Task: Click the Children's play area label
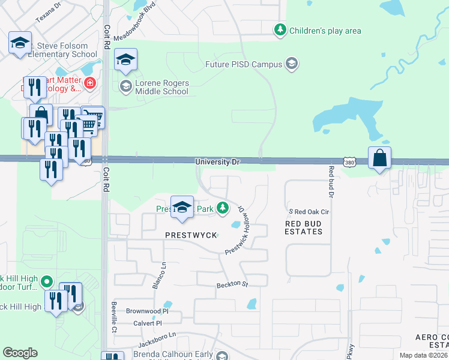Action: tap(325, 30)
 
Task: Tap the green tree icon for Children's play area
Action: tap(279, 29)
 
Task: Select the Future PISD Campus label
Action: tap(244, 64)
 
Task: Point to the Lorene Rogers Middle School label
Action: tap(162, 88)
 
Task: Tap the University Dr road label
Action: tap(217, 162)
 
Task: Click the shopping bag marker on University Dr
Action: tap(379, 158)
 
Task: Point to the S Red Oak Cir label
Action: tap(309, 212)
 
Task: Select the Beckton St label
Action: tap(232, 283)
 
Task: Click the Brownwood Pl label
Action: tap(148, 311)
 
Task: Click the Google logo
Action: tap(20, 353)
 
